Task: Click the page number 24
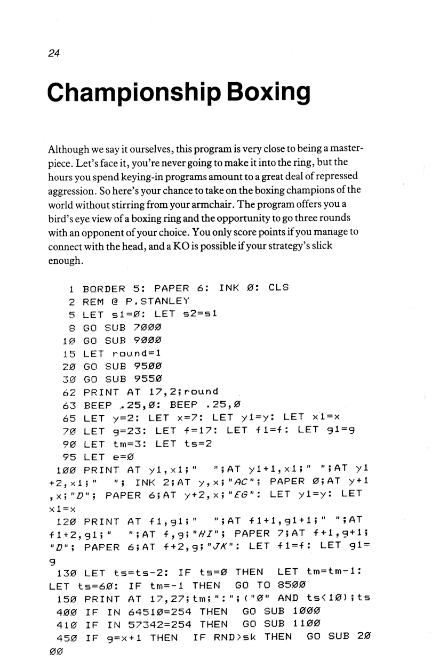click(x=53, y=53)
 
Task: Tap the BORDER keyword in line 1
click(x=104, y=288)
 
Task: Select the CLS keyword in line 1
click(x=278, y=287)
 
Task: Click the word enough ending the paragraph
click(x=65, y=261)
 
